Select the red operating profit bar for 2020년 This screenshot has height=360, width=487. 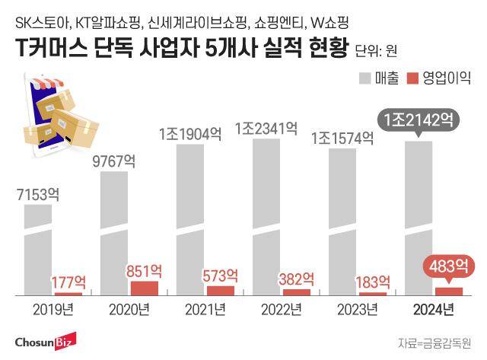click(x=145, y=288)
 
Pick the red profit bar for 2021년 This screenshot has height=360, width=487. click(x=221, y=290)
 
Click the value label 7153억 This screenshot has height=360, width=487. click(x=38, y=194)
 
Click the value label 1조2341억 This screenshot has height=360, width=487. click(x=266, y=127)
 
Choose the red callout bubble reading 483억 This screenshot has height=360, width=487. click(x=448, y=267)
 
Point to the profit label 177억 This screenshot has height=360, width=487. click(x=68, y=282)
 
